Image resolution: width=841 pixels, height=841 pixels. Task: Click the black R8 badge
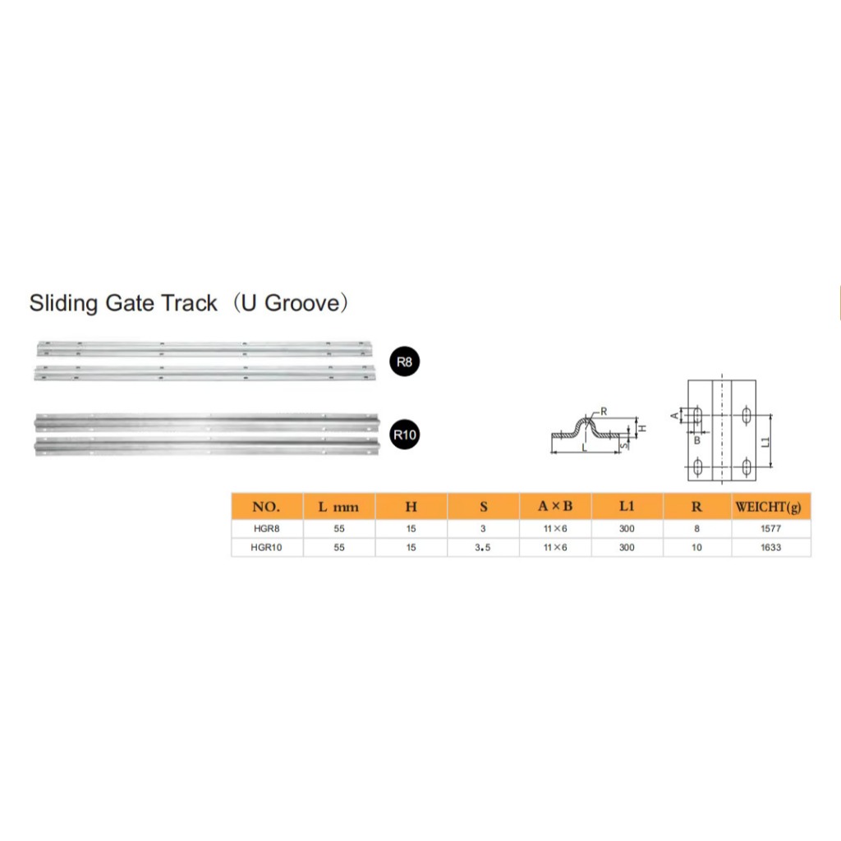coord(404,361)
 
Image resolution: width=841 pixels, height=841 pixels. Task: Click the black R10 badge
coord(404,434)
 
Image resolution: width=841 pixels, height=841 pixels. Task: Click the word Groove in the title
coord(302,303)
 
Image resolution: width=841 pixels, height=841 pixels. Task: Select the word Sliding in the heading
coord(64,304)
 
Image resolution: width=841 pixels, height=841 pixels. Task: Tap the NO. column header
coord(266,507)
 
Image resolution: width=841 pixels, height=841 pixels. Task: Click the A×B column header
coord(555,506)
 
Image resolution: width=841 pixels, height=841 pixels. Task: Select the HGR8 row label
coord(267,529)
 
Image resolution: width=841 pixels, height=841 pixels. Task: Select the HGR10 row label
coord(267,548)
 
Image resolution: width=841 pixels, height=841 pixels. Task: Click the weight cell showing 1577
coord(770,529)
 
